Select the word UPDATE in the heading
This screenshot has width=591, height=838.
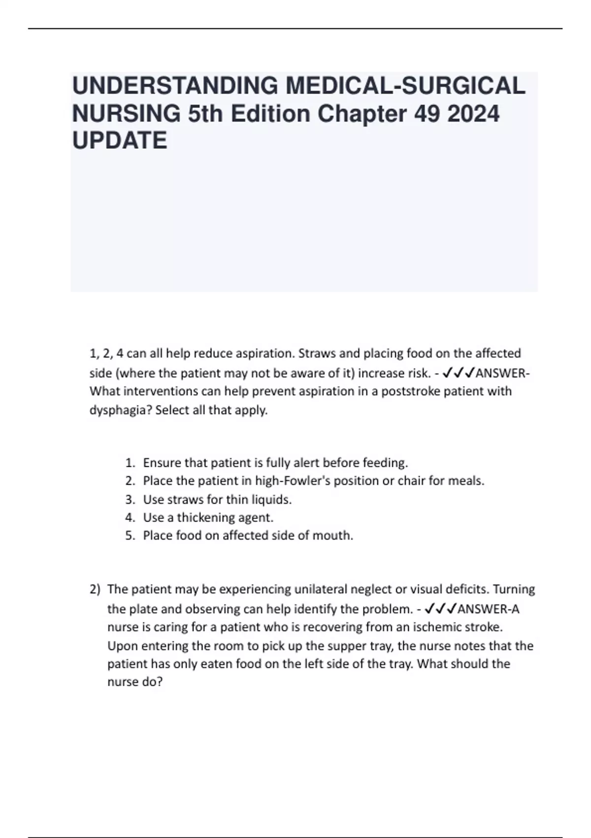pos(120,141)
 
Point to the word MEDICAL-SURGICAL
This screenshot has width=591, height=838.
pos(405,86)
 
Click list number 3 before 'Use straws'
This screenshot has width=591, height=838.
pos(130,499)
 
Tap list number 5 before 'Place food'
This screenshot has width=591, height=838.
pos(130,536)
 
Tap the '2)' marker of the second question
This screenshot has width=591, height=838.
pos(95,590)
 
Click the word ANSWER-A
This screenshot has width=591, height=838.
pos(489,609)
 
